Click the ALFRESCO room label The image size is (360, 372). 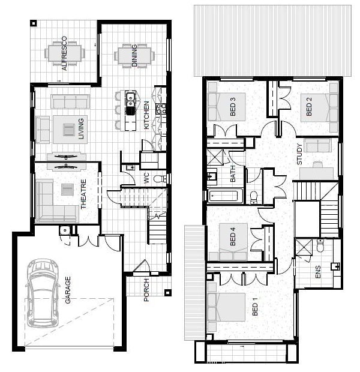(x=64, y=53)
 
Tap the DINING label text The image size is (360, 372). (x=134, y=55)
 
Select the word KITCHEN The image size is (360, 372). (x=146, y=115)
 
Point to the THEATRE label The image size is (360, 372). (x=83, y=194)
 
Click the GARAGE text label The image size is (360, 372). (x=68, y=290)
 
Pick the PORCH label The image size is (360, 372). (x=146, y=290)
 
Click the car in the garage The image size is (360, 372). (x=43, y=293)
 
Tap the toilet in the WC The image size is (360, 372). (x=160, y=179)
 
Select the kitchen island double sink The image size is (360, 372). (x=131, y=104)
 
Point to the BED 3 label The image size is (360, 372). (x=233, y=106)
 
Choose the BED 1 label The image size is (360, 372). (x=254, y=306)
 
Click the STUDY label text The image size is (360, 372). (x=299, y=154)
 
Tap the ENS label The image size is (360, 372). (x=317, y=272)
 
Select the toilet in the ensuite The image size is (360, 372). (x=320, y=245)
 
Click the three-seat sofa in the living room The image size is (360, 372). (x=70, y=101)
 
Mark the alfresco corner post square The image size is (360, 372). (x=34, y=23)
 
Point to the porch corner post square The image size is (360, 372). (x=167, y=292)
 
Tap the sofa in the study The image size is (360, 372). (x=317, y=145)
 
